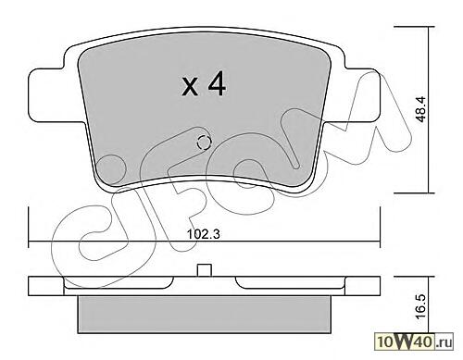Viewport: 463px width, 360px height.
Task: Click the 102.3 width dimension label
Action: pos(204,234)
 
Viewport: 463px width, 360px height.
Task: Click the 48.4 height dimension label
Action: pos(420,109)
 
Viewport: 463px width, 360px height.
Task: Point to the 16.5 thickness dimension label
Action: pos(420,305)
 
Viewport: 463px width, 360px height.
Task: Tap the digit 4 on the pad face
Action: pos(217,83)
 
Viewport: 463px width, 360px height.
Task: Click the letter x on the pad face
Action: pos(190,87)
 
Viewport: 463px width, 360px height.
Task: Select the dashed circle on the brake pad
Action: pos(204,143)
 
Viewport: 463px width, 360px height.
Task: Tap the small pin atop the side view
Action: pos(205,270)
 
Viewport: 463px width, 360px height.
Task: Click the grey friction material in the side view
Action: pos(204,315)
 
